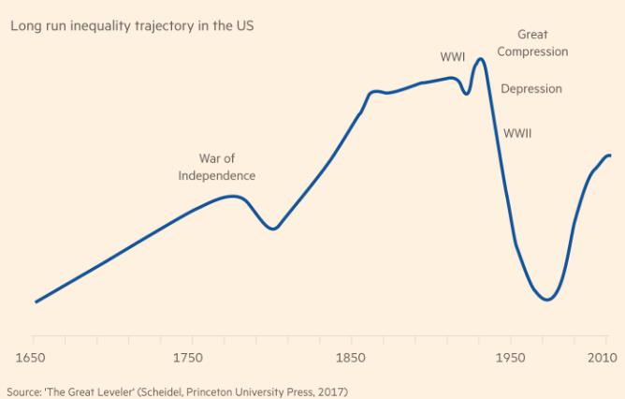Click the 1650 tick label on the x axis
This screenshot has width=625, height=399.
[x=34, y=358]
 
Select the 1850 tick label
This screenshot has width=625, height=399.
[x=351, y=358]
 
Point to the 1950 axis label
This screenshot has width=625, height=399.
[x=510, y=358]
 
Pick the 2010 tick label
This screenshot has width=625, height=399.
[x=598, y=358]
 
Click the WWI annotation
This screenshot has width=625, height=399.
[x=453, y=57]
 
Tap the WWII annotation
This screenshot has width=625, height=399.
[x=517, y=134]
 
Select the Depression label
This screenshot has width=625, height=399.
[x=531, y=89]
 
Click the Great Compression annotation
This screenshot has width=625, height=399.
[x=532, y=43]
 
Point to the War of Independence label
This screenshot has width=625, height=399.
[x=216, y=167]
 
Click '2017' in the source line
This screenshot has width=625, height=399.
[x=332, y=391]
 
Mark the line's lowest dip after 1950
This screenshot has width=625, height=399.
[x=548, y=300]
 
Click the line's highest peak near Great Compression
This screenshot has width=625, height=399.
[x=481, y=59]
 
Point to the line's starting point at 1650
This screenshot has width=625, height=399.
[x=36, y=302]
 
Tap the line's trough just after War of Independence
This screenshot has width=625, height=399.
[x=273, y=229]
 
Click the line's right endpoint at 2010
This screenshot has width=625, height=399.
[x=610, y=155]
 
